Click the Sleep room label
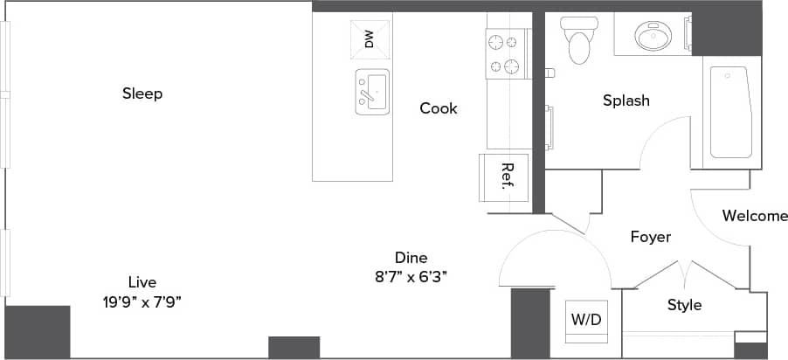pyautogui.click(x=142, y=93)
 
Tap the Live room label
pyautogui.click(x=142, y=281)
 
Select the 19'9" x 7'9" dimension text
pyautogui.click(x=142, y=301)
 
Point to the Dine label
pyautogui.click(x=411, y=258)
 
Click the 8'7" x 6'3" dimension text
pyautogui.click(x=411, y=277)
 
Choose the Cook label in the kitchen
pyautogui.click(x=439, y=108)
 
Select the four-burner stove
pyautogui.click(x=507, y=54)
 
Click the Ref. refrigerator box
pyautogui.click(x=505, y=177)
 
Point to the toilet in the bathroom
pyautogui.click(x=578, y=41)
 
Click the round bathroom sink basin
pyautogui.click(x=652, y=37)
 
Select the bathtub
pyautogui.click(x=730, y=112)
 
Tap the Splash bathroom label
pyautogui.click(x=626, y=100)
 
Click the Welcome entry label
pyautogui.click(x=755, y=216)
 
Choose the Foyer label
pyautogui.click(x=651, y=237)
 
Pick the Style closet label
pyautogui.click(x=684, y=305)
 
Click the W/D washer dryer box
pyautogui.click(x=586, y=320)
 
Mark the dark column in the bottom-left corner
pyautogui.click(x=37, y=331)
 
